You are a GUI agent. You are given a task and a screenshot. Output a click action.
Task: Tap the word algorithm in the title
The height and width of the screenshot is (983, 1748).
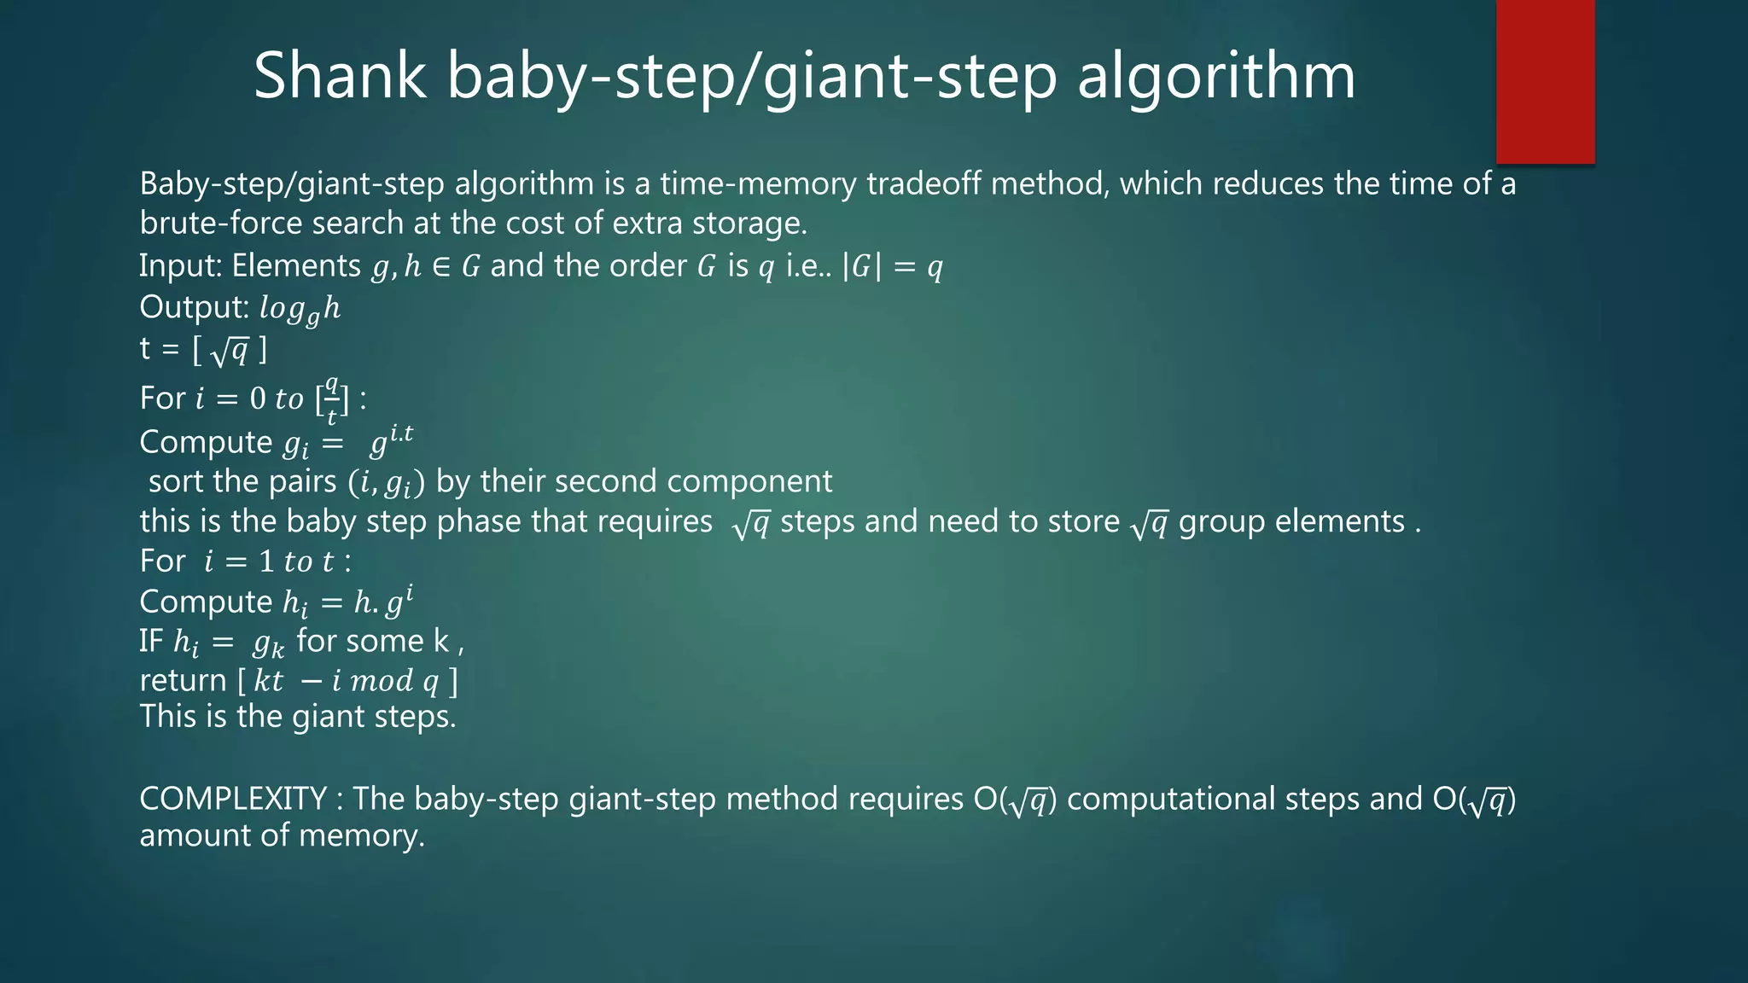point(1216,77)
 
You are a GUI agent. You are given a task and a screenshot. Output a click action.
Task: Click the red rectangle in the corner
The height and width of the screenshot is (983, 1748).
point(1545,82)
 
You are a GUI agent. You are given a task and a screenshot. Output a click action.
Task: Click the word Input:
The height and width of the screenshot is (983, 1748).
point(181,266)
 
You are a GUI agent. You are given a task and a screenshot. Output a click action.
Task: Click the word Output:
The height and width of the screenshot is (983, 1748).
point(195,307)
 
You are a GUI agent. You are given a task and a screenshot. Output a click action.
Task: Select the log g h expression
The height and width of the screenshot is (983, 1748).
point(300,309)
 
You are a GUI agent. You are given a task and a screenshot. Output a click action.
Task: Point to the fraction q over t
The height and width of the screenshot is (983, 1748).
point(332,398)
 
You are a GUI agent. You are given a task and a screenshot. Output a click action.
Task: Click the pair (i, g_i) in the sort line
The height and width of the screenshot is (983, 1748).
point(387,483)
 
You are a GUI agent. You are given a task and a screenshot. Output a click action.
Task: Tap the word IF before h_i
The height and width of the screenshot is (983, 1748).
point(151,641)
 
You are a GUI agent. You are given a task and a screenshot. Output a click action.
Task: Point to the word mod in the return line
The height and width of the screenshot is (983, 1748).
point(382,681)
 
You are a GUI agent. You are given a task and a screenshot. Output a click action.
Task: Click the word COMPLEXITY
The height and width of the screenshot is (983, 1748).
point(233,799)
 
